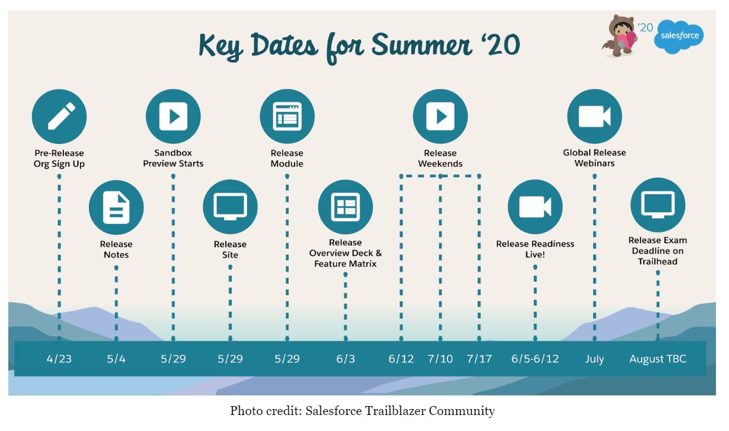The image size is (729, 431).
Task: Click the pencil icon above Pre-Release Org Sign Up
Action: pos(59,116)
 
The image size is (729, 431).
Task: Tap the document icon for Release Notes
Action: pos(116,207)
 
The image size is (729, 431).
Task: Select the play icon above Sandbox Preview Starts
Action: pos(173,116)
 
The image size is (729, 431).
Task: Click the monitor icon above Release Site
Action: pos(230,207)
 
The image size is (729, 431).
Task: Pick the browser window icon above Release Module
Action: pos(287,116)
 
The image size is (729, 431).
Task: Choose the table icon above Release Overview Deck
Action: pos(345,207)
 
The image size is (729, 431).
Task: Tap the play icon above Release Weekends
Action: pos(440,116)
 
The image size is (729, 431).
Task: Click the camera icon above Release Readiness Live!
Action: pos(535,207)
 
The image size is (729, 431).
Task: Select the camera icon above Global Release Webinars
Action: pos(594,116)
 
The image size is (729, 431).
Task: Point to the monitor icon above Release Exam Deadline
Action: pos(657,205)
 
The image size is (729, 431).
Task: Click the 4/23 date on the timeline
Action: pos(59,359)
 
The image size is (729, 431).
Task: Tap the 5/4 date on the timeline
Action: pos(116,359)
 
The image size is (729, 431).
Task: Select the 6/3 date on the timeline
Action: pos(345,359)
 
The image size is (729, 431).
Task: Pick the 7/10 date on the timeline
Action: pos(440,359)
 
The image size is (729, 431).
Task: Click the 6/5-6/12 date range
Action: pos(535,359)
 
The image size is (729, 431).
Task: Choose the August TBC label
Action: pos(657,359)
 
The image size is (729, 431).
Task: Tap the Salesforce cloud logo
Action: pos(679,37)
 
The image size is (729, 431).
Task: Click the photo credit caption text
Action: pos(362,411)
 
